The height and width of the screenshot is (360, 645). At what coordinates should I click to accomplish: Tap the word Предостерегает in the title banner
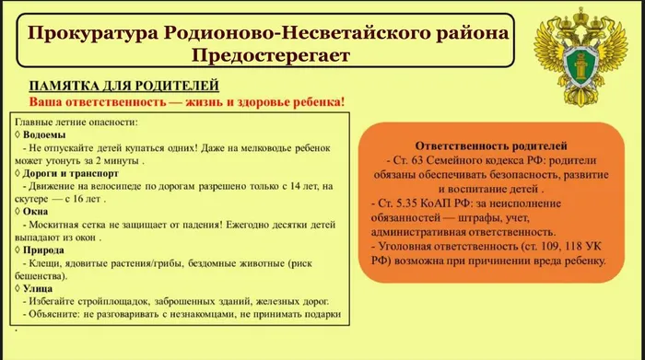tap(272, 57)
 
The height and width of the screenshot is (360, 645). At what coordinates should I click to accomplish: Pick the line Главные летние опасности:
tap(77, 122)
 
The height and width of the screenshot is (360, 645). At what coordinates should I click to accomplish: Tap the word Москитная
tap(60, 224)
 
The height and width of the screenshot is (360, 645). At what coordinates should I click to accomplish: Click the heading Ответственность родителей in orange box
tap(491, 145)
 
